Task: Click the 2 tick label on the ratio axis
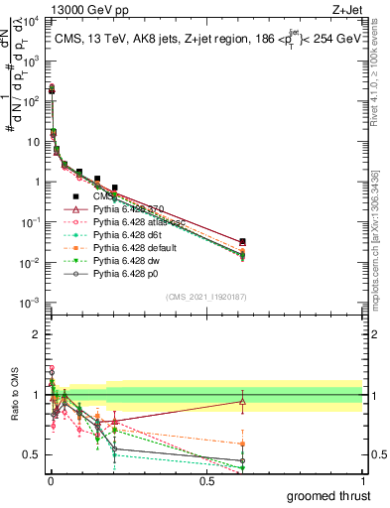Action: pyautogui.click(x=36, y=334)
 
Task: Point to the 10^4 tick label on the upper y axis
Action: pyautogui.click(x=31, y=21)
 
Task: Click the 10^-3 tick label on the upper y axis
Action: pyautogui.click(x=31, y=302)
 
